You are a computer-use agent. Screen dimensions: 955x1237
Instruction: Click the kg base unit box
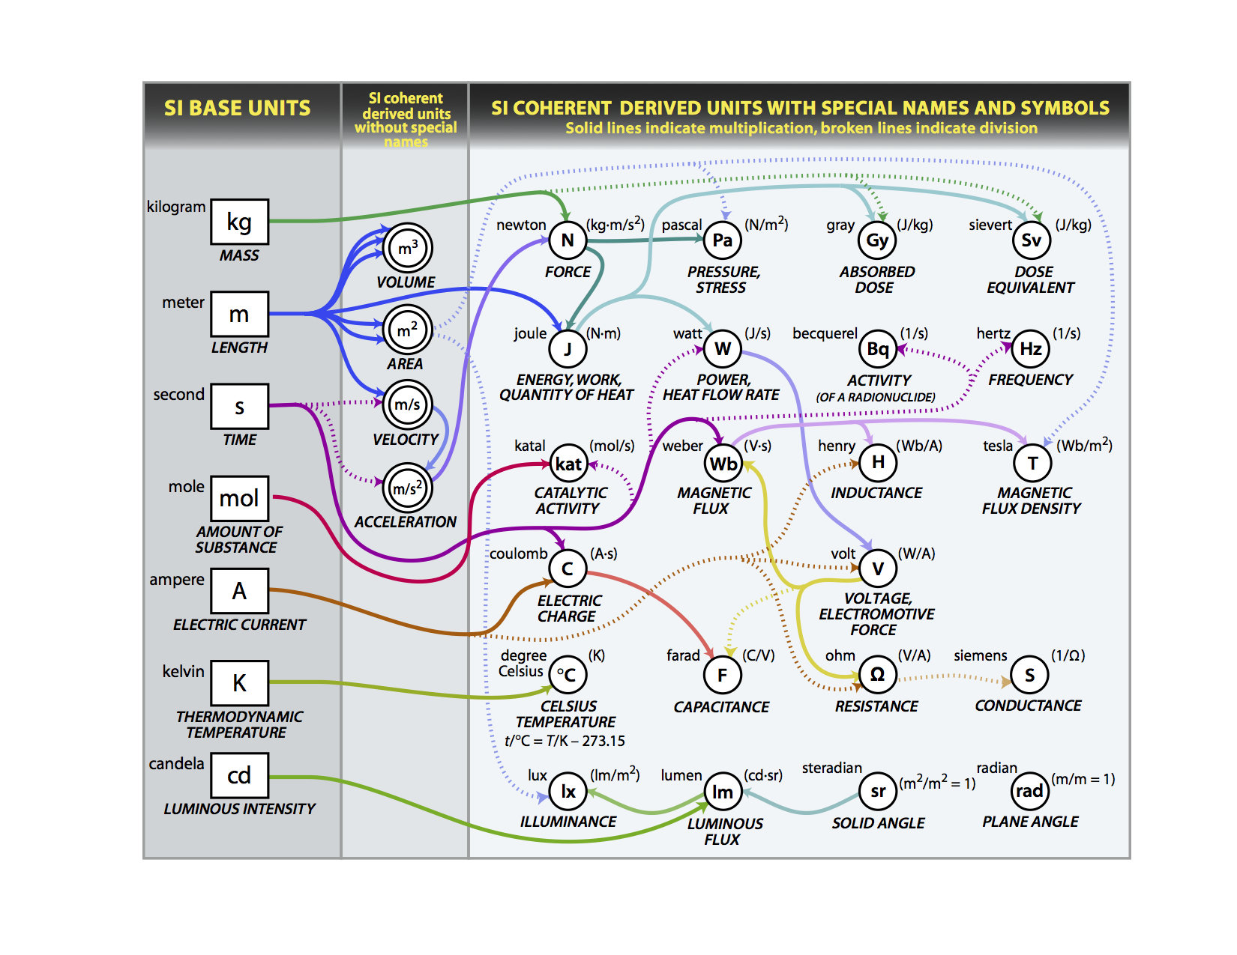(239, 222)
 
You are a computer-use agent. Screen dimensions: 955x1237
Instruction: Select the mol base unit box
(239, 498)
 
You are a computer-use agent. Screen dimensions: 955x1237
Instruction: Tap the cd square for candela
(239, 775)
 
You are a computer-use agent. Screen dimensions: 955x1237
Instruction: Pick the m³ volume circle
(407, 248)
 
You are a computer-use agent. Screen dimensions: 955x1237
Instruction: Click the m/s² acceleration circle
(407, 488)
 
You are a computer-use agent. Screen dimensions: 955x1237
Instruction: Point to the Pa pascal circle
(722, 240)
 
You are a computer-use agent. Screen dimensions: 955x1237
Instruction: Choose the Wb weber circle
(723, 464)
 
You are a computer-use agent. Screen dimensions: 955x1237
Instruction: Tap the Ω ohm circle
(877, 674)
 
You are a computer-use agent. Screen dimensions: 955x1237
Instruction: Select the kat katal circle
(568, 464)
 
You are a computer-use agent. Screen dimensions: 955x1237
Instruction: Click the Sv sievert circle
(1031, 240)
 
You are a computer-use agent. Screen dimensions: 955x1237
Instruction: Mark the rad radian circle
(1029, 791)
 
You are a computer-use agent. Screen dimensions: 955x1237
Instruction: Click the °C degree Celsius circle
(567, 675)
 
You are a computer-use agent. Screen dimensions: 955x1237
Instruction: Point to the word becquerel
(825, 333)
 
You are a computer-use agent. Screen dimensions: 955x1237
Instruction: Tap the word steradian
(831, 768)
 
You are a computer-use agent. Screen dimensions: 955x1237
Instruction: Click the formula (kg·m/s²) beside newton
(615, 223)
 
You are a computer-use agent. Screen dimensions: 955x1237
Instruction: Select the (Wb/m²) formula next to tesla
(1084, 445)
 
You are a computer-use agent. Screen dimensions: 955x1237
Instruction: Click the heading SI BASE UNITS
(237, 109)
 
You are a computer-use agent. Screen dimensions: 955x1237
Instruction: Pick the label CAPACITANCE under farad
(721, 707)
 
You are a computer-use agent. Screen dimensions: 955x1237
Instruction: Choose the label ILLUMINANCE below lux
(568, 822)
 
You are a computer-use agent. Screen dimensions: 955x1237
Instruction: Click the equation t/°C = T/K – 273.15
(565, 741)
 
